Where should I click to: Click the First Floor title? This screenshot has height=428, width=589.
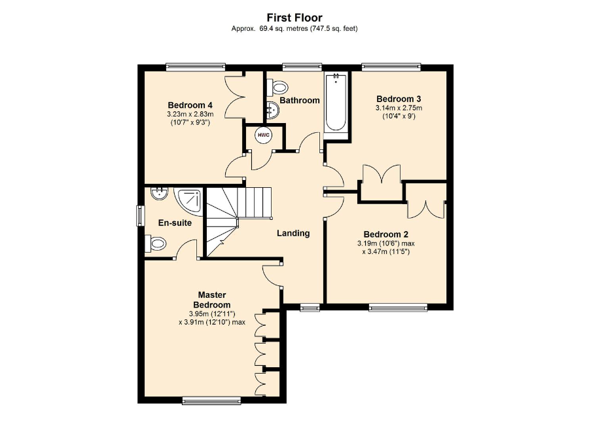coord(294,18)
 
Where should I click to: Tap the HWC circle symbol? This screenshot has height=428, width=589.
coord(264,135)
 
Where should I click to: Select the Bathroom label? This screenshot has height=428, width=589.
coord(299,100)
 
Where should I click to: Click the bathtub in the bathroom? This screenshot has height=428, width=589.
coord(336,102)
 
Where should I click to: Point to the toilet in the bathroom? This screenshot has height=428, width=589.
coord(277,88)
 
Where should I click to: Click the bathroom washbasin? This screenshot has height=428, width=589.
coord(273,111)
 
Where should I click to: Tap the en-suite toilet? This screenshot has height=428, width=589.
coord(156,243)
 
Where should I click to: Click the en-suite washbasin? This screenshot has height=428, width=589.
coord(159,194)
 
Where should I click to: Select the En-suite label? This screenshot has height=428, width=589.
coord(175,223)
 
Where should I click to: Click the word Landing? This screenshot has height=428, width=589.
coord(293,233)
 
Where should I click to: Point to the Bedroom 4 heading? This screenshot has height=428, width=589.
coord(190,105)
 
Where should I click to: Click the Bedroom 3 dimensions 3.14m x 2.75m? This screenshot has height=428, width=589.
coord(399,108)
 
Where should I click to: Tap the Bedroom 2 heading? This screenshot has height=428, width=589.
coord(385,234)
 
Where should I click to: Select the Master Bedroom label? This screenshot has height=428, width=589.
coord(212,300)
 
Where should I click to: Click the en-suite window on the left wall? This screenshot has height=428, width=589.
coord(141,216)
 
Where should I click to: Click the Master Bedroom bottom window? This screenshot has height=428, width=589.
coord(211,401)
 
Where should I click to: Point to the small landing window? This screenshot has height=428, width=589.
coord(310,308)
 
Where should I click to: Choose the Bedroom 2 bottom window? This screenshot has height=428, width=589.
coord(398,308)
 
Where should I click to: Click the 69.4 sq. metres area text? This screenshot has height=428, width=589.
coord(283,29)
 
